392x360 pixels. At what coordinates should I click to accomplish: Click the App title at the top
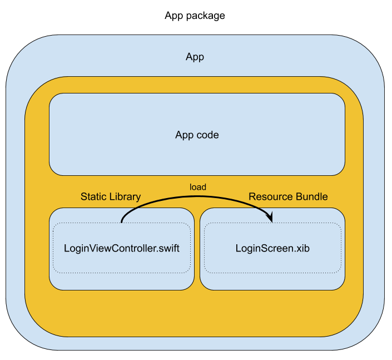point(195,57)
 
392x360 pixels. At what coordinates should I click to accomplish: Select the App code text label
point(197,135)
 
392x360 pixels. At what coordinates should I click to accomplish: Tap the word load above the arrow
point(198,187)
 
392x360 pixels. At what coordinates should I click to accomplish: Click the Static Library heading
point(111,196)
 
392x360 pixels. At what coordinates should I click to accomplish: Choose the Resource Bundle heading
point(288,196)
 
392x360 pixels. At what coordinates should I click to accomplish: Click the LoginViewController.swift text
point(122,248)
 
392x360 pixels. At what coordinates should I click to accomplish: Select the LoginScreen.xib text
point(272,248)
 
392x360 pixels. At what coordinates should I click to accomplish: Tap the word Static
point(92,196)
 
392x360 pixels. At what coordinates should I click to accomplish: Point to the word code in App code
point(207,135)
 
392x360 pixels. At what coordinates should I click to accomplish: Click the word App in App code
point(184,135)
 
